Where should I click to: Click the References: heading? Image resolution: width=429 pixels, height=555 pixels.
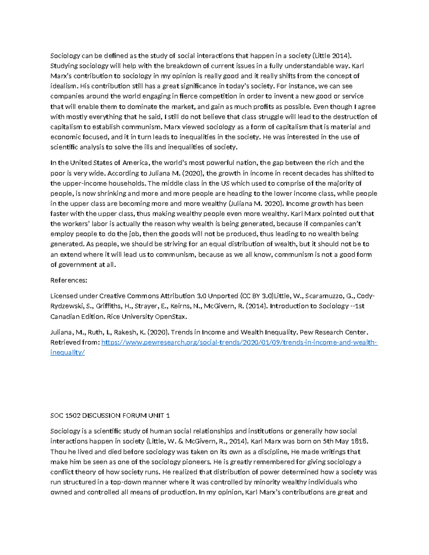click(69, 280)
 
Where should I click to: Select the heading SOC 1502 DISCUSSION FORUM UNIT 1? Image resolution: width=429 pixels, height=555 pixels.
click(110, 416)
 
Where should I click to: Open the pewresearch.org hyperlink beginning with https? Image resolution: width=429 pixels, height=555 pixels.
click(239, 342)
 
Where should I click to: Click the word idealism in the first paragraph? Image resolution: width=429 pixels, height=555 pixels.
click(63, 86)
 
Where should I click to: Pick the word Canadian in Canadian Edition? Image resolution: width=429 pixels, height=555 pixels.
click(64, 317)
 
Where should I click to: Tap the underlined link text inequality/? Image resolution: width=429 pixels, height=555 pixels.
click(68, 353)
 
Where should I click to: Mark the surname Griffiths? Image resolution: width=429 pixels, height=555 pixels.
click(108, 306)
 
